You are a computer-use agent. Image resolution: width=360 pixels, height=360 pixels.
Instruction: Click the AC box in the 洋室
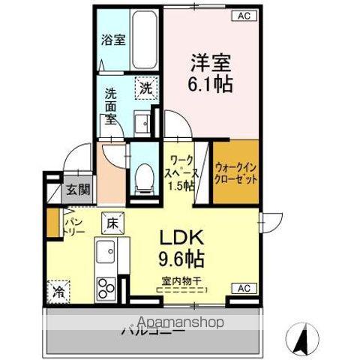tap(242, 15)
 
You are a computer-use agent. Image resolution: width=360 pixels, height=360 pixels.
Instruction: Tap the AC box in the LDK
tap(242, 288)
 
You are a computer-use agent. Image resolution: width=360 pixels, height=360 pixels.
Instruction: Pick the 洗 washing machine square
tap(145, 88)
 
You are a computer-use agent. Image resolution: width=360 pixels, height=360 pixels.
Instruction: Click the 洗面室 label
tap(110, 106)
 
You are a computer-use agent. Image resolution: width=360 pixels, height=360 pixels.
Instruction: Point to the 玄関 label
tap(73, 190)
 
